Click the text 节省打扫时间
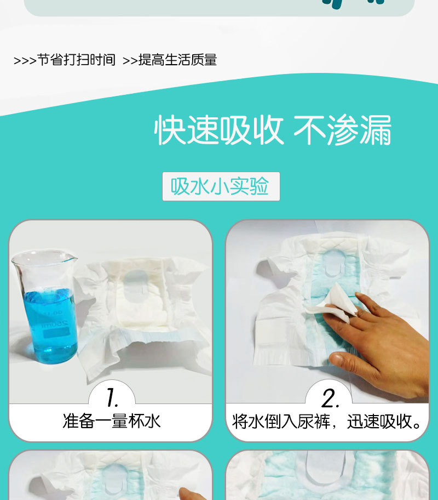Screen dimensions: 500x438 76,60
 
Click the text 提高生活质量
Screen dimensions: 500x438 177,60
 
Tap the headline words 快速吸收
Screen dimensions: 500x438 219,131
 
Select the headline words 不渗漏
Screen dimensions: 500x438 343,131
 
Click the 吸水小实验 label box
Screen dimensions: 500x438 221,186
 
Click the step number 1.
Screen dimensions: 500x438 112,396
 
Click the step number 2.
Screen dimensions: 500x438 328,396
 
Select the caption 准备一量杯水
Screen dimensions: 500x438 111,421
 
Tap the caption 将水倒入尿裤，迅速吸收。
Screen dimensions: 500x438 327,421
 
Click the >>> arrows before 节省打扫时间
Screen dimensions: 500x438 24,60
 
